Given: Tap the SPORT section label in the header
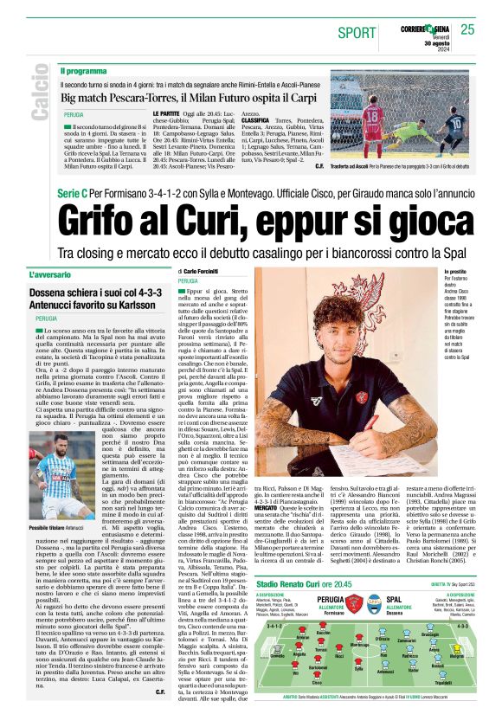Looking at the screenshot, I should click(x=357, y=32).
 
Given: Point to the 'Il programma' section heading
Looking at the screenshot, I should click(x=83, y=70).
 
